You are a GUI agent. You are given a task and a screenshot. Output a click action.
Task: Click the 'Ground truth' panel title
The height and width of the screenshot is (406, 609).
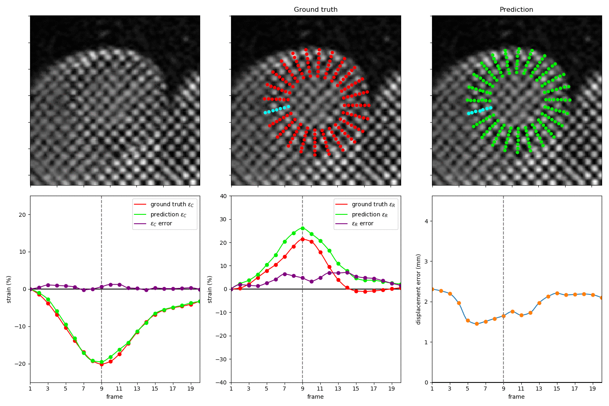click(x=315, y=9)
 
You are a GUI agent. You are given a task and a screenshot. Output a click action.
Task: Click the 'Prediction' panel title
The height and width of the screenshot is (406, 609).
click(x=516, y=9)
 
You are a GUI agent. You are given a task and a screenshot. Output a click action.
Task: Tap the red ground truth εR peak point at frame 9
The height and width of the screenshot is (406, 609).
click(x=302, y=239)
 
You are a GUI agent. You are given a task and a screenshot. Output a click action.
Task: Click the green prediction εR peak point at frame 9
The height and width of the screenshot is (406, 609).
click(x=302, y=228)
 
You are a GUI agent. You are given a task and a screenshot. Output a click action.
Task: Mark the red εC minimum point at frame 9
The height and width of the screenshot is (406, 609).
click(x=101, y=365)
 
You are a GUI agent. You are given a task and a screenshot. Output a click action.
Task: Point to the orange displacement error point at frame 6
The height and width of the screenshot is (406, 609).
click(x=477, y=324)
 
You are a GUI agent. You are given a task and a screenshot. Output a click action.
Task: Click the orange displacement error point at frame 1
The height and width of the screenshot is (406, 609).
click(x=432, y=289)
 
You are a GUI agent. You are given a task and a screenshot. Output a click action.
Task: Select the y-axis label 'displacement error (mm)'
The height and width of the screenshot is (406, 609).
click(x=419, y=289)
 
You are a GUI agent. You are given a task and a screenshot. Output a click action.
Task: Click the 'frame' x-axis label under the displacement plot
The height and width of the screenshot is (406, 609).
click(x=516, y=397)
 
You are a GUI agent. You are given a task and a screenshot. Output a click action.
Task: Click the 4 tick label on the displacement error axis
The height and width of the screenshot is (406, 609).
click(x=426, y=221)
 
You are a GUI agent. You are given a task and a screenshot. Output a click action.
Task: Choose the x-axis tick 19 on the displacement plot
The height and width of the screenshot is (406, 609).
click(x=593, y=389)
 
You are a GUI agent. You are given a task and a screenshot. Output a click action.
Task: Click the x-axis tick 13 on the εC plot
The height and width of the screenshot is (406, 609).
click(x=137, y=389)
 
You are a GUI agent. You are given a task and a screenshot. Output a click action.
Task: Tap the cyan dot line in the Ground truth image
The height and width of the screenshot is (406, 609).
click(x=277, y=110)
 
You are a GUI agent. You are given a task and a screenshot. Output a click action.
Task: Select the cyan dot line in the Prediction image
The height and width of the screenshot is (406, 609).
click(x=479, y=110)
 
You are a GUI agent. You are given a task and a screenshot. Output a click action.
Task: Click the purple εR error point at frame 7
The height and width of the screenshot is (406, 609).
click(x=285, y=274)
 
